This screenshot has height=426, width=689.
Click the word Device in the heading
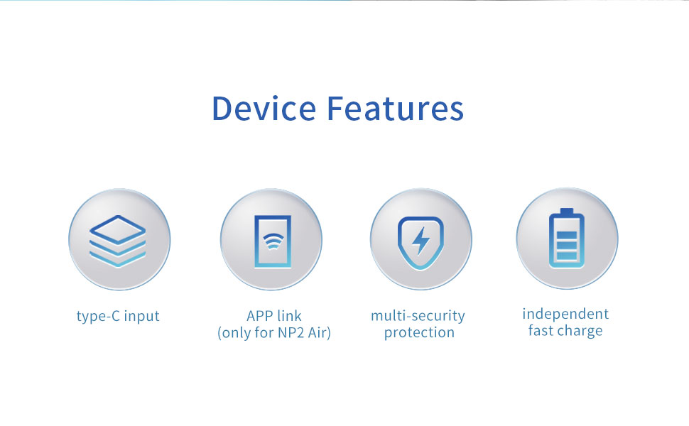[x=264, y=108]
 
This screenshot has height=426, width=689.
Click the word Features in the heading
[x=396, y=108]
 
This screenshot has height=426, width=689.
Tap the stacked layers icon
[x=117, y=241]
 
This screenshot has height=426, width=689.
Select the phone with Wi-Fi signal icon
[x=273, y=241]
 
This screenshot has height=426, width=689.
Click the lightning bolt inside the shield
[x=421, y=240]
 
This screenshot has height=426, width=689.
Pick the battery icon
[x=566, y=239]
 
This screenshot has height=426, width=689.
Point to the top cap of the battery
[x=567, y=212]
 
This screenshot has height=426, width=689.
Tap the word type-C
[x=99, y=316]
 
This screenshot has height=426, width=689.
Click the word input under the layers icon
[x=141, y=317]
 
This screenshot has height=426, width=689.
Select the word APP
[x=261, y=316]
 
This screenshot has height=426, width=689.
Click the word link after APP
[x=290, y=316]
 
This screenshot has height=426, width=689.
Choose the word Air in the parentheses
[x=317, y=333]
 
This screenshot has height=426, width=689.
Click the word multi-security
[x=418, y=316]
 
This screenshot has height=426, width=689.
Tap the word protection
[x=419, y=333]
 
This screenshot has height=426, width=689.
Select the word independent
[x=565, y=315]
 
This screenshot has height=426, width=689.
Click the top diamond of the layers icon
[x=117, y=229]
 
